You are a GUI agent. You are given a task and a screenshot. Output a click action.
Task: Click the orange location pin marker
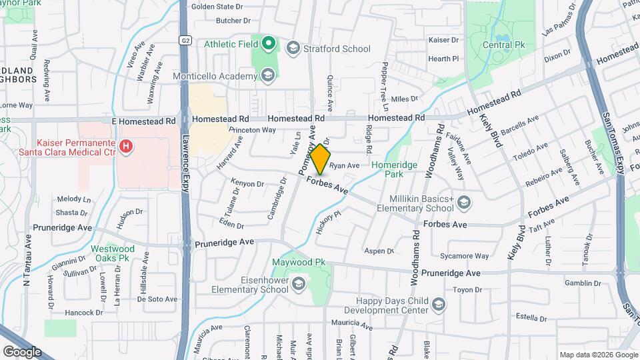point(321,159)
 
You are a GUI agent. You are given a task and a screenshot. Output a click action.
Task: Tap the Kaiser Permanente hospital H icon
point(125,145)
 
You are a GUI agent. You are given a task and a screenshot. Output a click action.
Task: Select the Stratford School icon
point(293,47)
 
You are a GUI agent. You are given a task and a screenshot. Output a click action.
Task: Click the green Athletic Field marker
point(269,45)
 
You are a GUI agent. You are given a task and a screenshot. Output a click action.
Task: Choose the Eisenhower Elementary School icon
point(298,285)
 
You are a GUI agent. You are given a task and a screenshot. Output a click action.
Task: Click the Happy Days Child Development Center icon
point(438,305)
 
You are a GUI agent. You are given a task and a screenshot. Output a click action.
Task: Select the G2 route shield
point(185,40)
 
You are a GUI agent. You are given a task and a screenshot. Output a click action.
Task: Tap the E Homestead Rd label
point(143,121)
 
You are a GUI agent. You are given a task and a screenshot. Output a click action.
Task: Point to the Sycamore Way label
point(465,256)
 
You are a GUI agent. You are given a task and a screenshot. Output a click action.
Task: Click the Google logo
point(21,351)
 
